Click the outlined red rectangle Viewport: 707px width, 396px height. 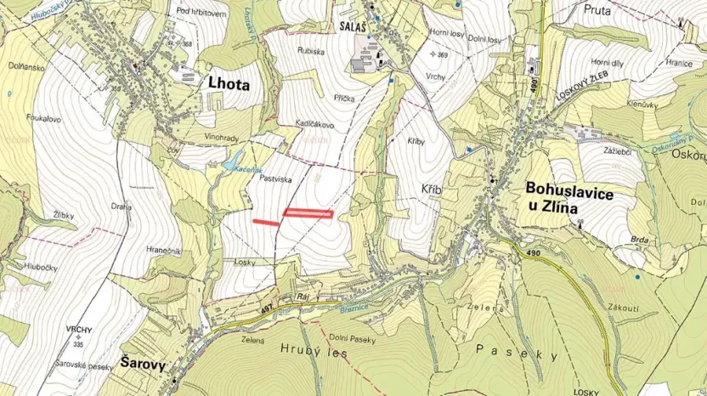pos(308,213)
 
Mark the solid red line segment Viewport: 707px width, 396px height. pos(266,223)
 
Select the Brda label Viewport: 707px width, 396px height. pos(640,240)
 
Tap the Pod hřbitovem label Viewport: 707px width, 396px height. pos(201,13)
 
